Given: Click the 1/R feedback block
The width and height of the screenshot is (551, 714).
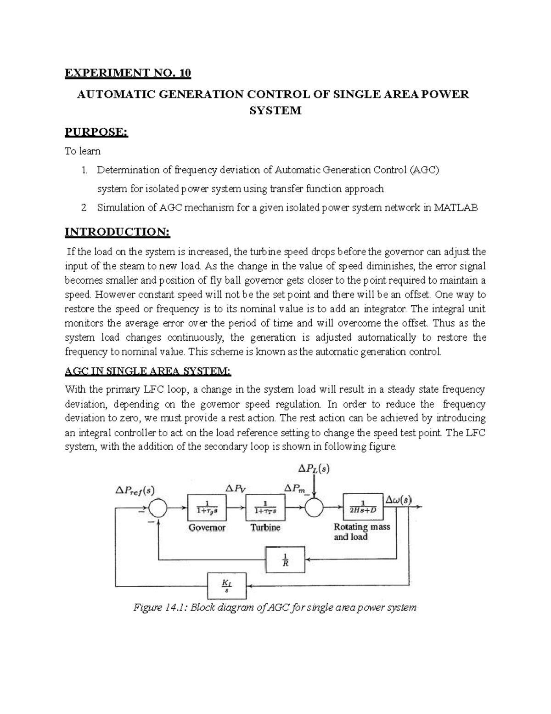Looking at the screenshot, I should point(285,560).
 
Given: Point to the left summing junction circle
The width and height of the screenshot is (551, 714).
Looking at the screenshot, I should point(158,508).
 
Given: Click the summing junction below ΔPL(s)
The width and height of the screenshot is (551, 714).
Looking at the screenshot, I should point(315,508).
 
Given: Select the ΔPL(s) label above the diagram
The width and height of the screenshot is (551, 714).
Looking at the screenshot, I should point(314,468).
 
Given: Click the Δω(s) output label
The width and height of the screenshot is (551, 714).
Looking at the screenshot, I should point(399,500).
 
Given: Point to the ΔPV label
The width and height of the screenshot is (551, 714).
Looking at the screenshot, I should point(234,488).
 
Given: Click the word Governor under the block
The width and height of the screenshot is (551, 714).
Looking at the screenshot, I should point(207,528).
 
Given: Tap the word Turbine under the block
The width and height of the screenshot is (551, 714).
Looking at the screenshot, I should point(265,528).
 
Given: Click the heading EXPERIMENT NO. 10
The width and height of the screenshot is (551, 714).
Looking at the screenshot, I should point(127,73).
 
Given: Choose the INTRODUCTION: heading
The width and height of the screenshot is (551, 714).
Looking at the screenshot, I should point(117,232).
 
